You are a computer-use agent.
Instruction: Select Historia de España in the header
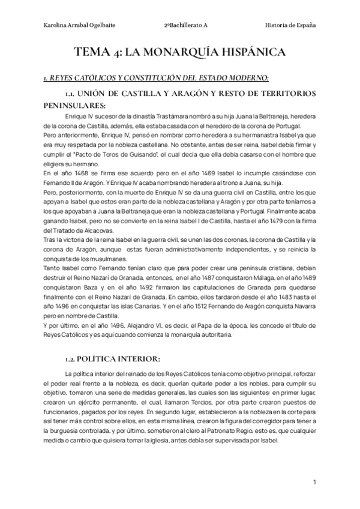point(290,25)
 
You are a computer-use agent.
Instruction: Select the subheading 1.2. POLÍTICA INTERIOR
point(113,359)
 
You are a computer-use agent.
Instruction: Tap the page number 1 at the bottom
point(314,482)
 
